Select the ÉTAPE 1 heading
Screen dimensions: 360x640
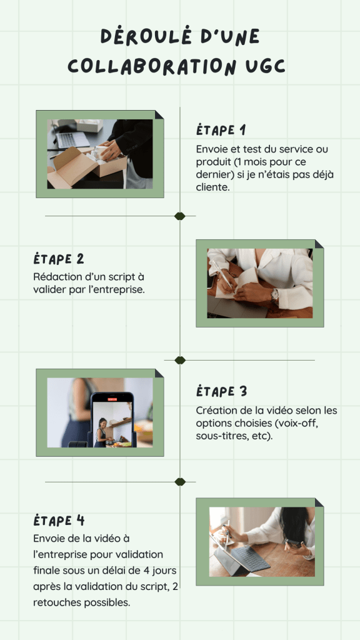[221, 130]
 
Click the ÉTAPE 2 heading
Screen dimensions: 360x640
[58, 259]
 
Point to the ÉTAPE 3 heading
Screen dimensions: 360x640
[222, 391]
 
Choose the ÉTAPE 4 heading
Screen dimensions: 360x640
[59, 521]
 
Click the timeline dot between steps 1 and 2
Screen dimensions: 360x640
[180, 216]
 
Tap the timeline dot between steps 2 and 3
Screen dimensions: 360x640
[180, 360]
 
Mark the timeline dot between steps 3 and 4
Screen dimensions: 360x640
[180, 482]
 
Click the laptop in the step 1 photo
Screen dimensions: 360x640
[72, 139]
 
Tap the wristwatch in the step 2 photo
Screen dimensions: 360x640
[275, 296]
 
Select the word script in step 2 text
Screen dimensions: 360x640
[123, 277]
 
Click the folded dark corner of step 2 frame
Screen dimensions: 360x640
[319, 244]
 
